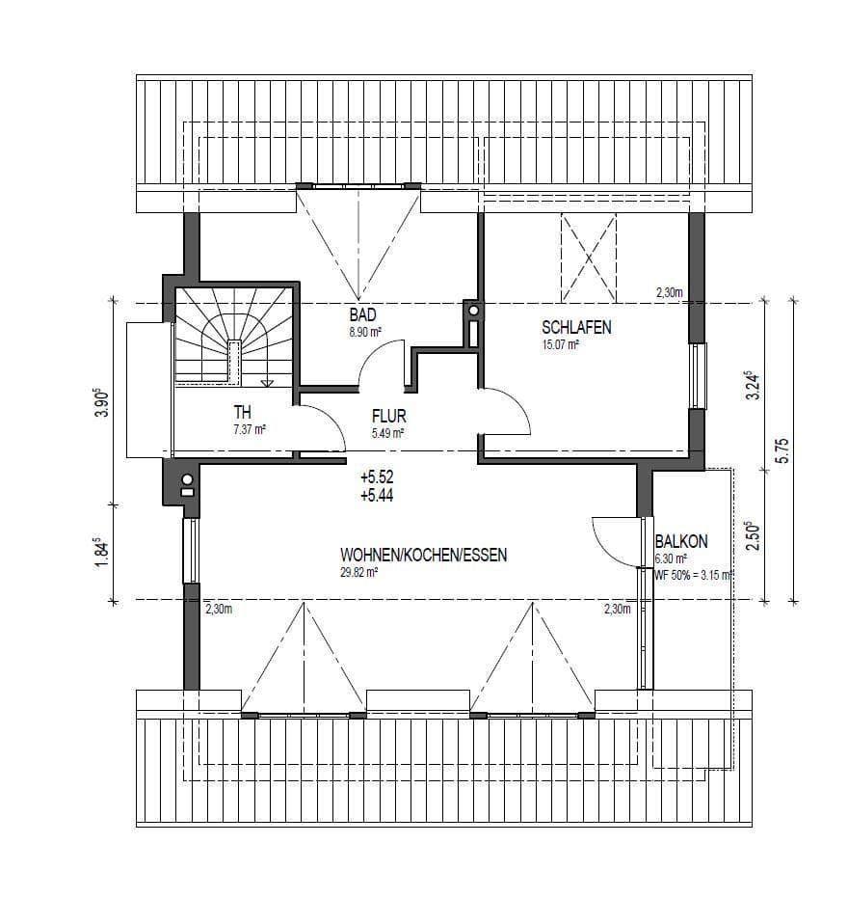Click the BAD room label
362,314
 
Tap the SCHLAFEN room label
576,327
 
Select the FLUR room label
389,417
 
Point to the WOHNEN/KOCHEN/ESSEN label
423,555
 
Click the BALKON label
681,542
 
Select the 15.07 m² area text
560,343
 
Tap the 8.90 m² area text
364,331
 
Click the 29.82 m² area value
358,571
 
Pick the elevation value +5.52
376,477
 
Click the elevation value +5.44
376,495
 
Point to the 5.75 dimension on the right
782,450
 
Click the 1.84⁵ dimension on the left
99,553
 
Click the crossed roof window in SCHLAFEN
588,259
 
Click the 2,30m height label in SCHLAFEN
669,291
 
